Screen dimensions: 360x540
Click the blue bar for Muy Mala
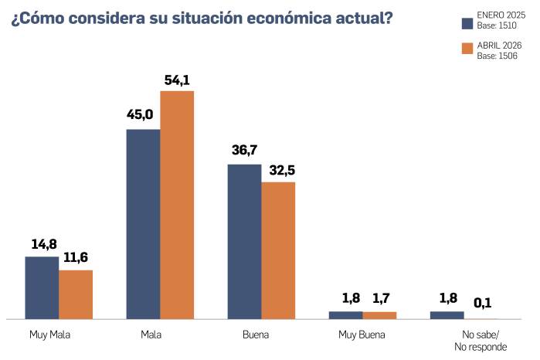pyautogui.click(x=42, y=287)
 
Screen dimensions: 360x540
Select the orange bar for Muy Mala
pyautogui.click(x=76, y=294)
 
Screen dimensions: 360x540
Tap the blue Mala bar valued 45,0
pyautogui.click(x=143, y=224)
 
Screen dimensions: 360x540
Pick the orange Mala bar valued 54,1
pyautogui.click(x=177, y=205)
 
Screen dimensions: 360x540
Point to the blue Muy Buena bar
pyautogui.click(x=345, y=315)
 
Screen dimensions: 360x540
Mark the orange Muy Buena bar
pyautogui.click(x=379, y=315)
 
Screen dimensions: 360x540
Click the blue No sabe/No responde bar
pyautogui.click(x=447, y=315)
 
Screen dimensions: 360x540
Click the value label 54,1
pyautogui.click(x=177, y=80)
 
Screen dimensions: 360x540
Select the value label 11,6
pyautogui.click(x=76, y=258)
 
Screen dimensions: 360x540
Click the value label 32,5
pyautogui.click(x=278, y=169)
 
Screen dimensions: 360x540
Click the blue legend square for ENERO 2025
pyautogui.click(x=467, y=22)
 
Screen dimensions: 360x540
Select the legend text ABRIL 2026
pyautogui.click(x=499, y=46)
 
